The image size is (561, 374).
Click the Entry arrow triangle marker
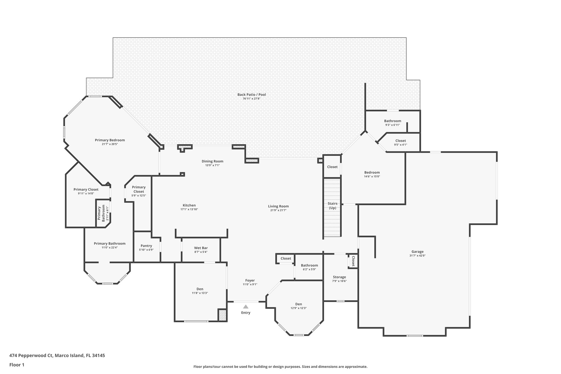246,307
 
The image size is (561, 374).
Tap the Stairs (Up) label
332,205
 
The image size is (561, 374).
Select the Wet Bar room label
201,248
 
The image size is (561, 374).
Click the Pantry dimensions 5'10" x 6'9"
146,250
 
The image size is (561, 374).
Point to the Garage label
417,252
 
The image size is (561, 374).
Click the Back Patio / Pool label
251,95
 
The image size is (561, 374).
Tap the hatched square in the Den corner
222,315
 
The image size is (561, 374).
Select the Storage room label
339,277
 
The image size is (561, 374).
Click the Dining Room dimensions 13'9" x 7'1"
212,165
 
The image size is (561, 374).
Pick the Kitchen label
189,205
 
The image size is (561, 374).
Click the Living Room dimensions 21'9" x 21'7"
278,210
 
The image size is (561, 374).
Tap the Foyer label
250,280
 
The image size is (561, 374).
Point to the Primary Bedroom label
110,140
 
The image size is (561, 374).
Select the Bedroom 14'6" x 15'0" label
372,174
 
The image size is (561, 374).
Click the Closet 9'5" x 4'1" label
400,142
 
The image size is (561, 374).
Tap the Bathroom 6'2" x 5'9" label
309,267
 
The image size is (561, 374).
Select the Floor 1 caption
17,365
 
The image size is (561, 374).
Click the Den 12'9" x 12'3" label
299,306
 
